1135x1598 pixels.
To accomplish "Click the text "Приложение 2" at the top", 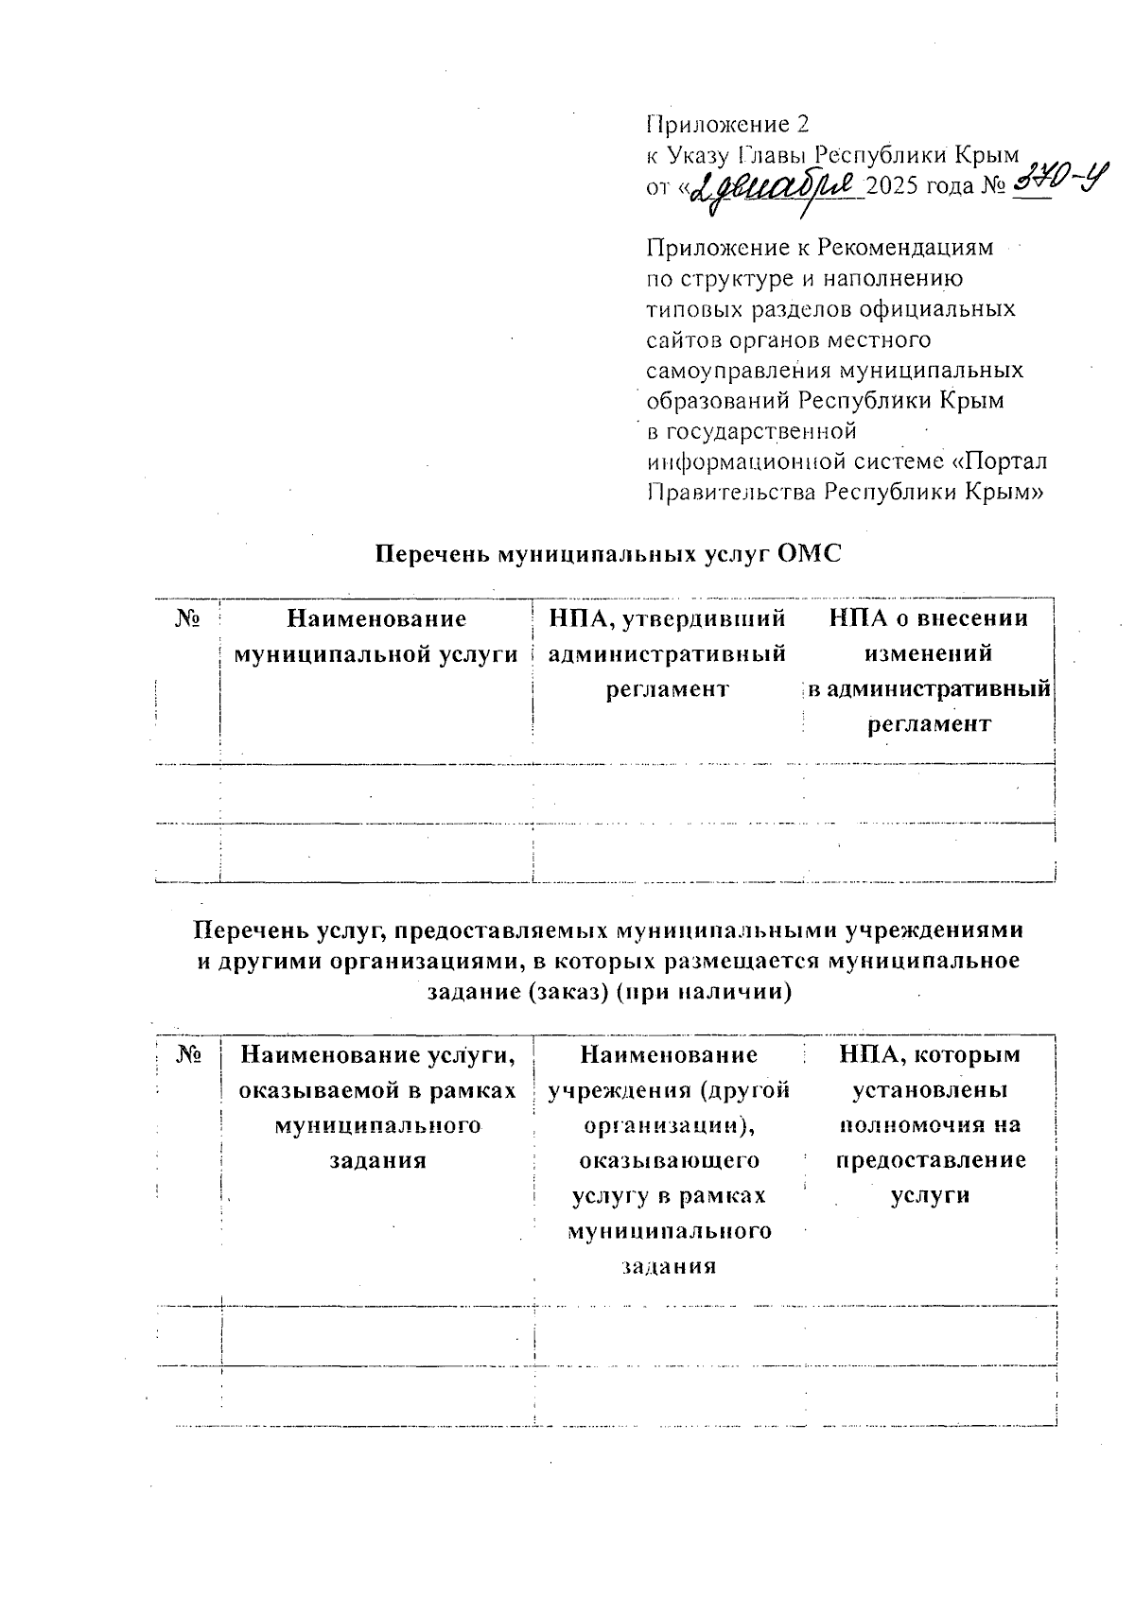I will pyautogui.click(x=727, y=124).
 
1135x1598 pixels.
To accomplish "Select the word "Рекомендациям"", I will pyautogui.click(x=905, y=248).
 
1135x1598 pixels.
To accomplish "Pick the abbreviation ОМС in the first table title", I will pyautogui.click(x=808, y=553).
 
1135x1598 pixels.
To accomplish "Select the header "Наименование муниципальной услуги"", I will pyautogui.click(x=376, y=636).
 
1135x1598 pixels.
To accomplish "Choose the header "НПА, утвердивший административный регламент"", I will pyautogui.click(x=667, y=653).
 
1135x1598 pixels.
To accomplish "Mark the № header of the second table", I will pyautogui.click(x=189, y=1054).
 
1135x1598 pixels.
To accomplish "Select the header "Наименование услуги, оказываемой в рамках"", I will pyautogui.click(x=377, y=1072).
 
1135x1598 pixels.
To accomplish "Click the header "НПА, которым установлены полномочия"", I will pyautogui.click(x=930, y=1089).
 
